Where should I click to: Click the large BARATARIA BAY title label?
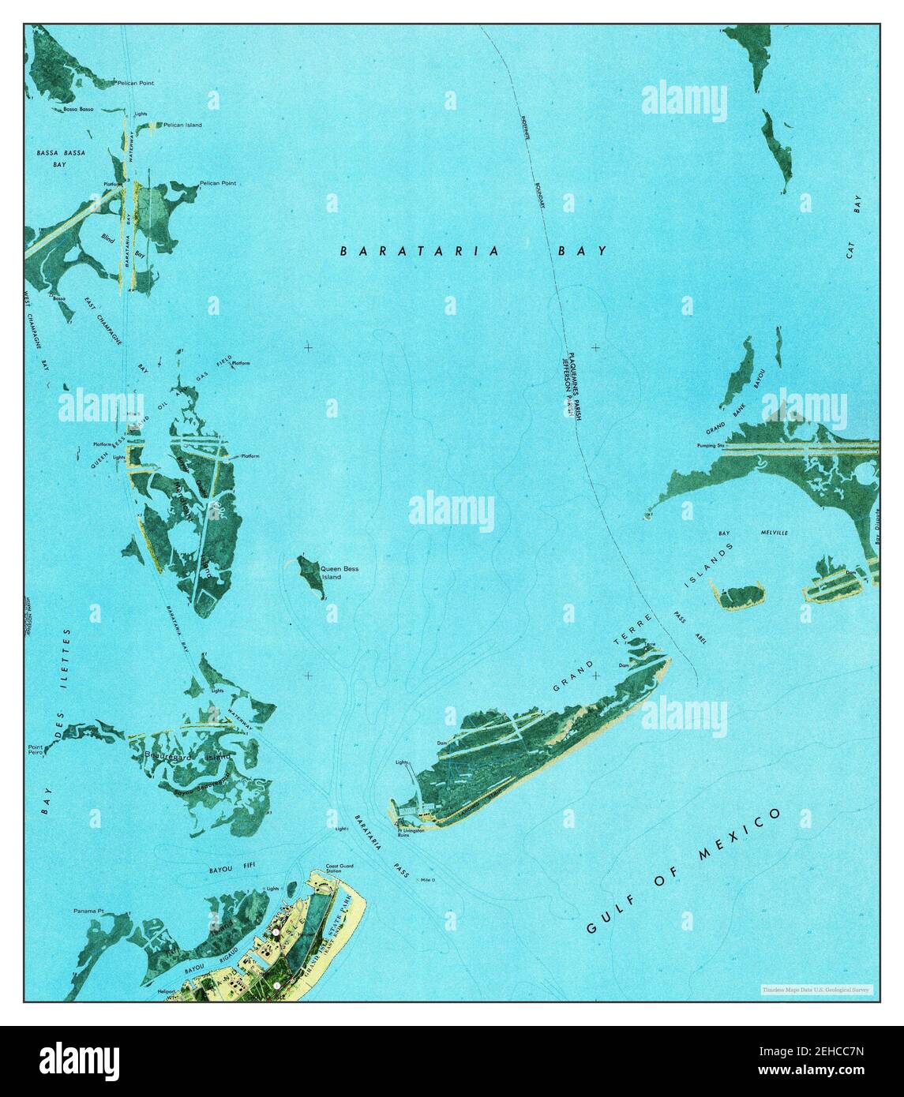(x=474, y=251)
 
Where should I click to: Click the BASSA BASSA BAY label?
(x=60, y=158)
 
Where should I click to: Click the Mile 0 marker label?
(x=429, y=879)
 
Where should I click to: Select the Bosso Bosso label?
(x=80, y=109)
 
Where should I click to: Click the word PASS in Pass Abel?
(x=681, y=617)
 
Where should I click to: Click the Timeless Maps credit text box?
(x=816, y=989)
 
